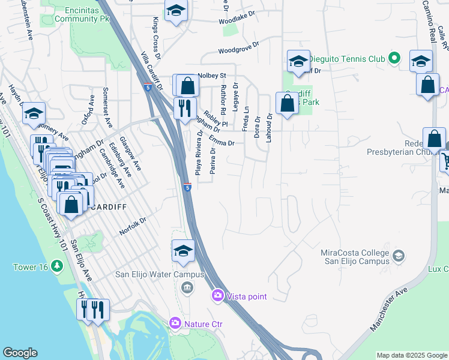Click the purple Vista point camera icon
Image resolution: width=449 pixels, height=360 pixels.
click(217, 296)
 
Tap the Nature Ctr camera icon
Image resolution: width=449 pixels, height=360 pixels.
click(175, 324)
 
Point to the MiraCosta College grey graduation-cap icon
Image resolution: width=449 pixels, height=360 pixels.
click(398, 257)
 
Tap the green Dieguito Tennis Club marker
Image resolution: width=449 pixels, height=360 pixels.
click(394, 59)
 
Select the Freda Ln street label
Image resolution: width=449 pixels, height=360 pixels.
click(245, 119)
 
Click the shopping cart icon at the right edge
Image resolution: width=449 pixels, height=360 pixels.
click(445, 161)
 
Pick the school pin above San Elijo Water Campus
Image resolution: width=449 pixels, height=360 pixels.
click(183, 251)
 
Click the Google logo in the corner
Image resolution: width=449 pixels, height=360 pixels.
click(20, 353)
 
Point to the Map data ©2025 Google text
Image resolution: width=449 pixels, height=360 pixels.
click(411, 355)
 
